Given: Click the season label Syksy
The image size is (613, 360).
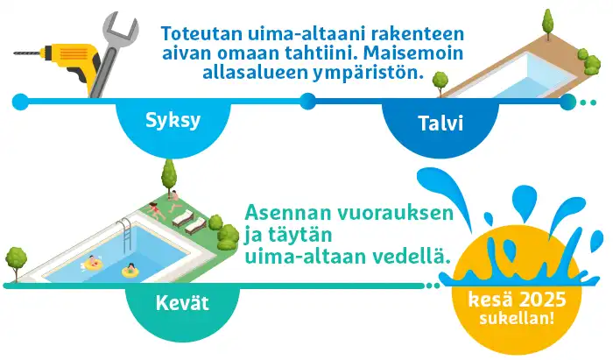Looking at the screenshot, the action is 173,121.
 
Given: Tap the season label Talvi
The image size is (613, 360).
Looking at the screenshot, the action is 440,124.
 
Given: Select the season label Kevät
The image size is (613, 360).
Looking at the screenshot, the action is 182,303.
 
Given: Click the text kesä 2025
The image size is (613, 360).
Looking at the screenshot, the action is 518,300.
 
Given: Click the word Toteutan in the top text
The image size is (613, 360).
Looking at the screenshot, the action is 201,33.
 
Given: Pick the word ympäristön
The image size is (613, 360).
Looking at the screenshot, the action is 368,74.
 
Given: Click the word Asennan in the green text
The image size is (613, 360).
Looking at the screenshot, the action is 288,213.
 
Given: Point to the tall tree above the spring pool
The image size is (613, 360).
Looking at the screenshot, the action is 168,176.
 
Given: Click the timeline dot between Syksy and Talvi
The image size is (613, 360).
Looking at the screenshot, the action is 307,102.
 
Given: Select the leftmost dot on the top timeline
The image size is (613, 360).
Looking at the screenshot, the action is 20,102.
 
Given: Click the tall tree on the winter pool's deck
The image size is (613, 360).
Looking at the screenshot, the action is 548,24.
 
